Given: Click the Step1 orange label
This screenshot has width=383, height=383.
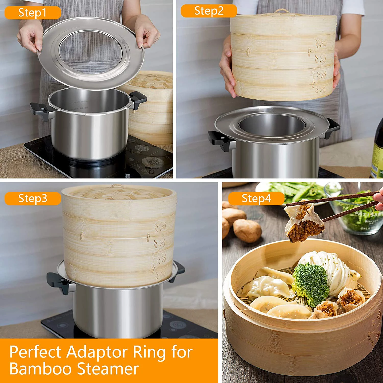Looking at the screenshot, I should [32, 13].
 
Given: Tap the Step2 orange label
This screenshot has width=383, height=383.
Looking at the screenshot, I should [209, 11].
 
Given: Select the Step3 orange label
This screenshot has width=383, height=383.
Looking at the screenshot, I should [32, 198].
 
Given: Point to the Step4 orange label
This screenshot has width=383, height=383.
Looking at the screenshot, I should [256, 198].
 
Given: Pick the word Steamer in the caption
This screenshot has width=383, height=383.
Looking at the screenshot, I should [107, 369].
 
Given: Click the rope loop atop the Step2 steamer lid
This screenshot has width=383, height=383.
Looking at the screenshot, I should [281, 11].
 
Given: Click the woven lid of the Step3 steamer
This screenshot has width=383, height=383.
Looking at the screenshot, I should [119, 193].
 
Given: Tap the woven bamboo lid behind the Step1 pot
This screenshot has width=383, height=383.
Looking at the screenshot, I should [151, 82].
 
